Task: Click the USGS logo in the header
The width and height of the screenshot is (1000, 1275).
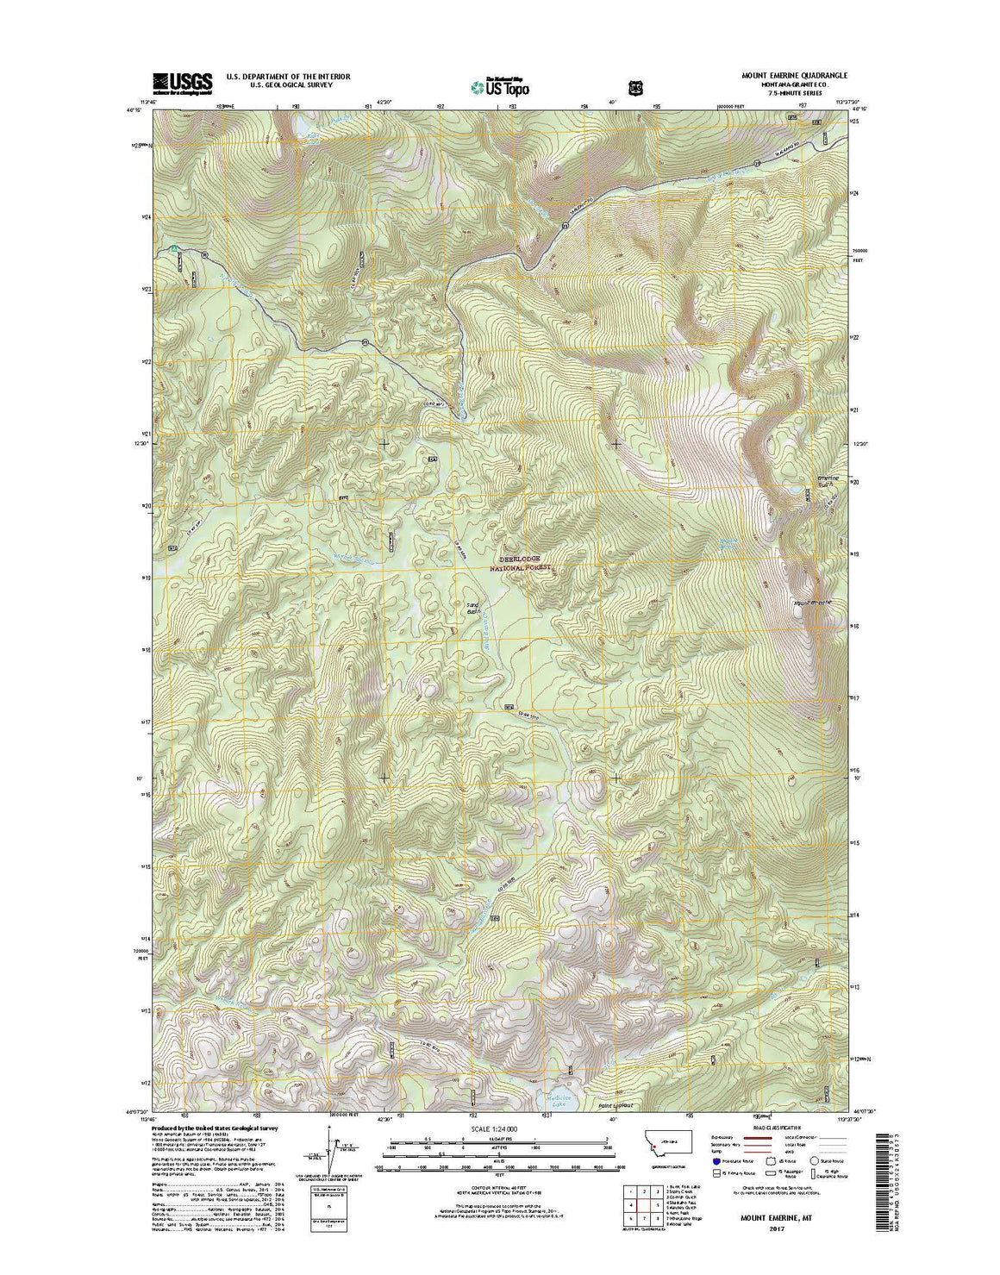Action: coord(182,82)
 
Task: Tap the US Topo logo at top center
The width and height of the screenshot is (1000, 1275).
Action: coord(500,85)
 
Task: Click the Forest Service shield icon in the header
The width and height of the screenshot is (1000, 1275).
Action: coord(636,87)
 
